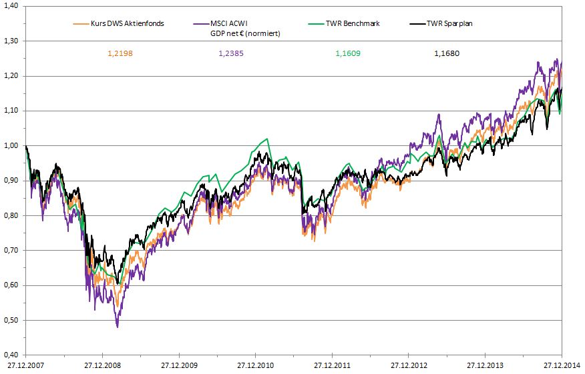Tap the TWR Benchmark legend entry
(x=353, y=23)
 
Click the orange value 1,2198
(x=120, y=53)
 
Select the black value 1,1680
(x=447, y=53)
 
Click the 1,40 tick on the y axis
(x=11, y=6)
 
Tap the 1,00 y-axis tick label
(x=11, y=146)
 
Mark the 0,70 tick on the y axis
(x=11, y=251)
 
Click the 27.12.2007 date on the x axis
(x=25, y=365)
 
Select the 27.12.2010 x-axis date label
(x=256, y=365)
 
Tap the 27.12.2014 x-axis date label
(x=562, y=365)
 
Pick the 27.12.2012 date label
(x=409, y=365)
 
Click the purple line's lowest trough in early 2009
(x=118, y=327)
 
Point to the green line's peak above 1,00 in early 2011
(x=267, y=139)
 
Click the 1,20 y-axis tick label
(x=11, y=76)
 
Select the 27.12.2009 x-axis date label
(x=179, y=365)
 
